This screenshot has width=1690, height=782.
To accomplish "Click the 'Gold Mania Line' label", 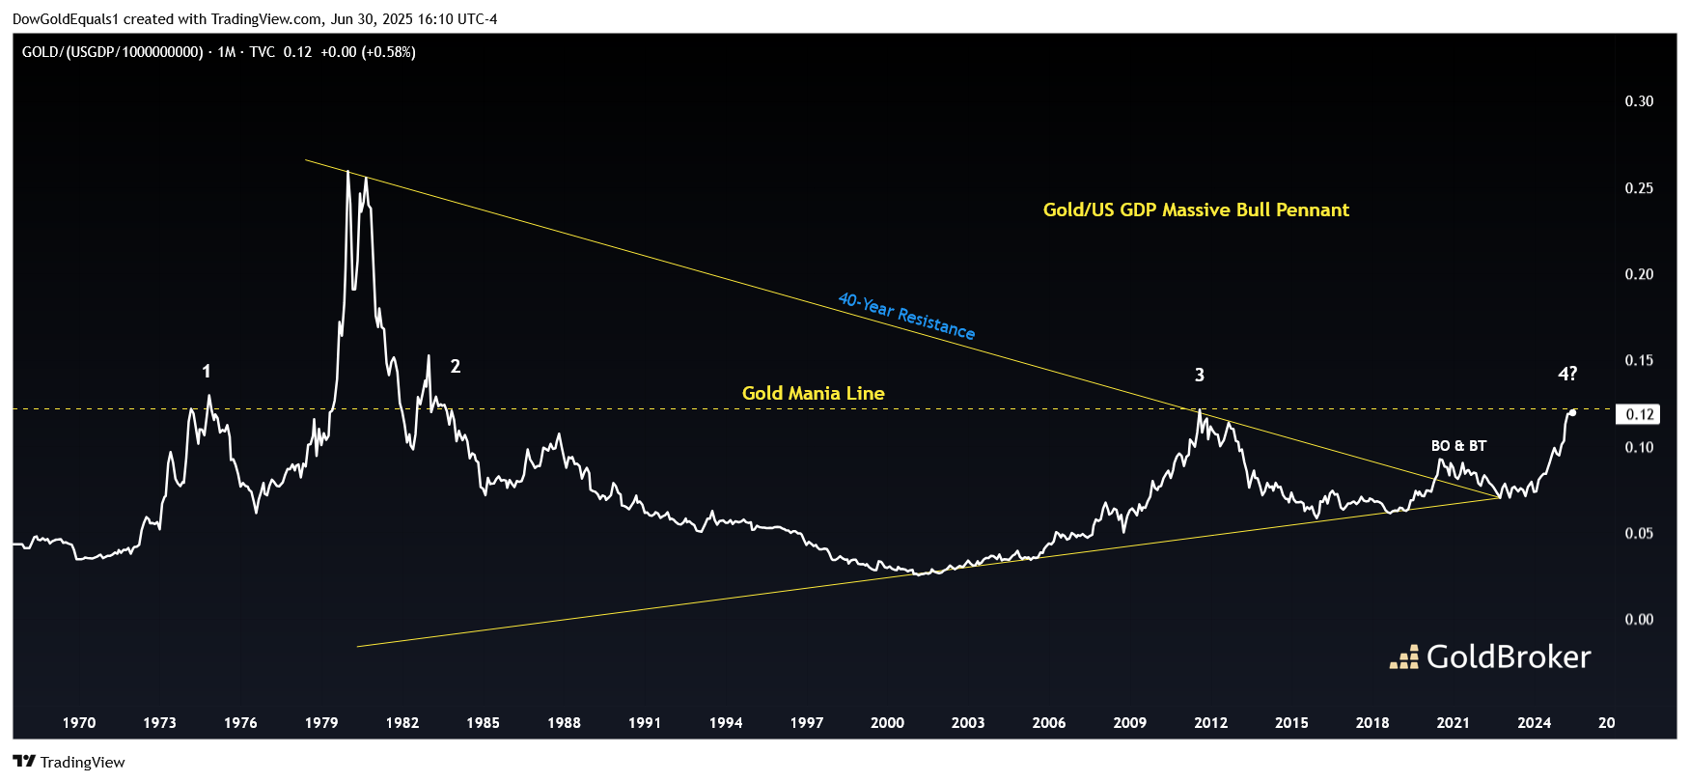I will (x=813, y=393).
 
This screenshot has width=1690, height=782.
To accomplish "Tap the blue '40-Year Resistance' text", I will (x=906, y=316).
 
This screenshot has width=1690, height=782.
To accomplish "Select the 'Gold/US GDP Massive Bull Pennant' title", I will (x=1196, y=209).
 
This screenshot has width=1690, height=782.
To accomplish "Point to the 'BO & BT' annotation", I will (x=1458, y=446).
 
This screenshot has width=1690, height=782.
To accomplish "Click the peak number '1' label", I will (x=206, y=372).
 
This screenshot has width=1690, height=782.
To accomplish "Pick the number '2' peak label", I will (x=456, y=367).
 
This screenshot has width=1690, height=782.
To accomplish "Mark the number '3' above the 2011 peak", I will (x=1200, y=376).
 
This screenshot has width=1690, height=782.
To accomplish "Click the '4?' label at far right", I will (x=1567, y=374).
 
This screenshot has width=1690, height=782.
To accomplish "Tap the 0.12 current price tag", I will (x=1640, y=414).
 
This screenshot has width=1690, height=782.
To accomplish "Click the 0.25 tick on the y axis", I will (x=1639, y=188).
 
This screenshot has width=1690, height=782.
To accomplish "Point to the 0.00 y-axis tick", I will (x=1639, y=620).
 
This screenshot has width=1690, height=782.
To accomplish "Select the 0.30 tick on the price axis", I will (x=1639, y=101).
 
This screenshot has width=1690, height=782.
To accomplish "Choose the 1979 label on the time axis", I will (x=321, y=723).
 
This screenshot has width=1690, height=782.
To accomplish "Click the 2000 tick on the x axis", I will (x=887, y=723).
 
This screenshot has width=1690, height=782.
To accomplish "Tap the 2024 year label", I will (x=1534, y=723).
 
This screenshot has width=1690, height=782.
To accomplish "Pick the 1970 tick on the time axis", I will (x=79, y=723).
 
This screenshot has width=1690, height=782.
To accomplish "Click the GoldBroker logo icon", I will (x=1404, y=657).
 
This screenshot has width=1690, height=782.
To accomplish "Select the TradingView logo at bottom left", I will (x=25, y=762).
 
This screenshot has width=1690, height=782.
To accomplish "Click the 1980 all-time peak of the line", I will (x=347, y=172).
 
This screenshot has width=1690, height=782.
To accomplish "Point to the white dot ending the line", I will (x=1573, y=412).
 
